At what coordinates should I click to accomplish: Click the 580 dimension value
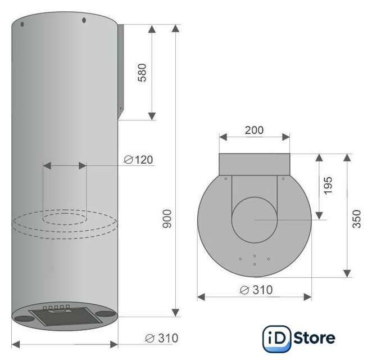(142, 73)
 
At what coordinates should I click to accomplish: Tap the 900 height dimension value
(166, 219)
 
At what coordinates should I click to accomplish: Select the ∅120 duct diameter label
(139, 160)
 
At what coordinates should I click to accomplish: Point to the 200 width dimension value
(254, 130)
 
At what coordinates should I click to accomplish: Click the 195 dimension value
(328, 186)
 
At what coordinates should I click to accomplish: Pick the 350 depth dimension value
(356, 219)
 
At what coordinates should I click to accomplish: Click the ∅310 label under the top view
(256, 290)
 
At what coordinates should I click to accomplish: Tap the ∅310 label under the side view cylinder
(162, 338)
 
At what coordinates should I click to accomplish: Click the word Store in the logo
(315, 337)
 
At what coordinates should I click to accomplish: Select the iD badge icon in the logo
(277, 339)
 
